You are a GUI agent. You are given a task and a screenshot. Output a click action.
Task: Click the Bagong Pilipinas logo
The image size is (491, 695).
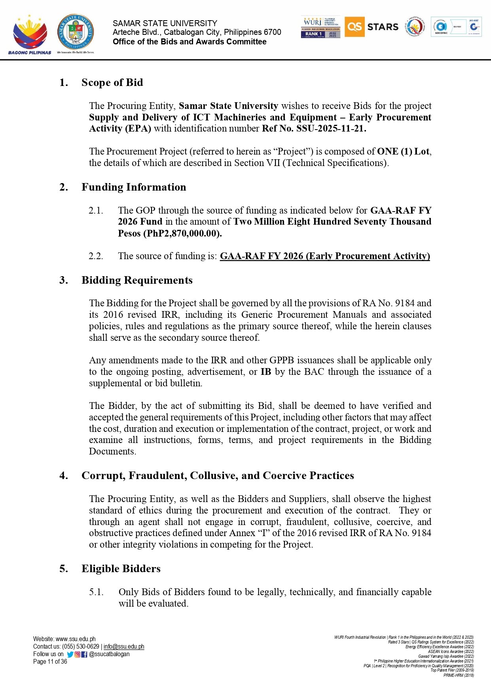click(x=30, y=34)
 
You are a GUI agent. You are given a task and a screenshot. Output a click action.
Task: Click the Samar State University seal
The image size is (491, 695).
click(x=76, y=32)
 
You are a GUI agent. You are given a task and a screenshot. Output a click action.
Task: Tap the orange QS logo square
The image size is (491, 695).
click(x=354, y=27)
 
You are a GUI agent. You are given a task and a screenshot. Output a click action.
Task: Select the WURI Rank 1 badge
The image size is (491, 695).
click(x=320, y=27)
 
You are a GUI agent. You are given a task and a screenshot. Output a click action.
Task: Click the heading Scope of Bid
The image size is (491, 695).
click(x=112, y=82)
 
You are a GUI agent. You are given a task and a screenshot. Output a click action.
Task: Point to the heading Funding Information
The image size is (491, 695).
click(x=134, y=187)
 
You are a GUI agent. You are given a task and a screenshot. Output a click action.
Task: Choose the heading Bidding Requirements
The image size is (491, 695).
click(x=137, y=280)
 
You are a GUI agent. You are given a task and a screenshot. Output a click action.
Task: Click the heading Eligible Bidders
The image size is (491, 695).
click(x=121, y=569)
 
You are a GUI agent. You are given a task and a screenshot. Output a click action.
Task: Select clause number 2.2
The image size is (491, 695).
click(x=96, y=256)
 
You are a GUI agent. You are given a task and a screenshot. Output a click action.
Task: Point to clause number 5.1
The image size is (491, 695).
click(x=96, y=592)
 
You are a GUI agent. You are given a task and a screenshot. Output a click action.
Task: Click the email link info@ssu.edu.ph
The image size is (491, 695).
click(x=124, y=647)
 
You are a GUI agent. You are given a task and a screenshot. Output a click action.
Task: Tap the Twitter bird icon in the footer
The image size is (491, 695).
click(x=70, y=654)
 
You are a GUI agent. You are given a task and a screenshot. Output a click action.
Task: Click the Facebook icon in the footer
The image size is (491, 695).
click(x=84, y=654)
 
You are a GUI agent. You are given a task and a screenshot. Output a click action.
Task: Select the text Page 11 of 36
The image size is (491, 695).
click(x=50, y=662)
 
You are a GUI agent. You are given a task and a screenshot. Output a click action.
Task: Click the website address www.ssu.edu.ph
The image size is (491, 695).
click(x=76, y=639)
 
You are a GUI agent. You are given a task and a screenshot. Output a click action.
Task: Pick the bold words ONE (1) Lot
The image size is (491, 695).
click(x=403, y=151)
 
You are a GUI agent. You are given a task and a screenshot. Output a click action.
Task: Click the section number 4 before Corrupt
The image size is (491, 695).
click(x=63, y=475)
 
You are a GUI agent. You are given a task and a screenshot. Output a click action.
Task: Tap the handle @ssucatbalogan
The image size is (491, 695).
click(x=110, y=654)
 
